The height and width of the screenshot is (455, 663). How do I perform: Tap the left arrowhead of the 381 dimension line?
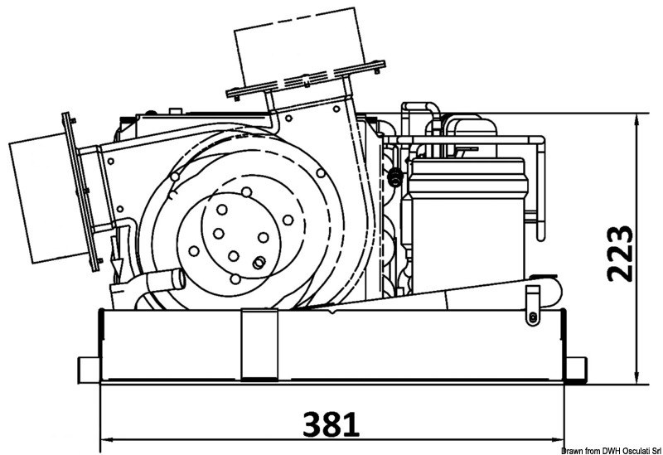click(104, 438)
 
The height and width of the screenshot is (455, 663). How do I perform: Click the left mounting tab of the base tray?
click(87, 365)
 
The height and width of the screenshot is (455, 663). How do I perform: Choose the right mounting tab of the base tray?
click(578, 365)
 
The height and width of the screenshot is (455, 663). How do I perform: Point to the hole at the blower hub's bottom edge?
click(234, 256)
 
